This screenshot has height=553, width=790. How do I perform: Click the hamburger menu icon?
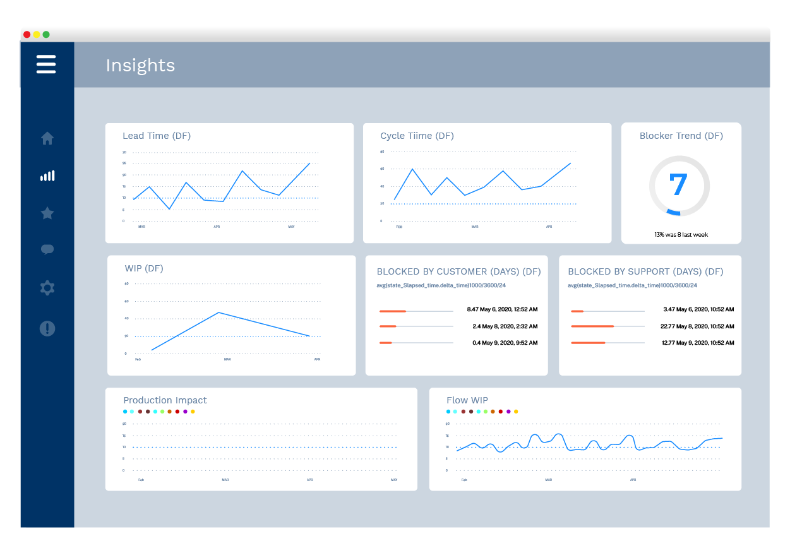[x=46, y=64]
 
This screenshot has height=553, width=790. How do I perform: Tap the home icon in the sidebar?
[x=47, y=138]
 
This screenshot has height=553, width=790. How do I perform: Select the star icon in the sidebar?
[x=47, y=213]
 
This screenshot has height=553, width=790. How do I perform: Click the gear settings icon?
[x=47, y=288]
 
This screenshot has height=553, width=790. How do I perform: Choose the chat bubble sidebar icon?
[x=47, y=249]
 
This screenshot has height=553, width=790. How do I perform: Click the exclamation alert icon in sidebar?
[x=47, y=328]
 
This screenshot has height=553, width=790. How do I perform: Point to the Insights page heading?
[x=140, y=66]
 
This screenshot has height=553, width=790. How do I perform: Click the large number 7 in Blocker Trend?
[x=679, y=185]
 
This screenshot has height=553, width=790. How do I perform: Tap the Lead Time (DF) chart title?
[x=157, y=136]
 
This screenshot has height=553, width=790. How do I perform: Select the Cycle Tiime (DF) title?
[x=417, y=136]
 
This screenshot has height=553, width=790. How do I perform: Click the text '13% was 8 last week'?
[x=681, y=235]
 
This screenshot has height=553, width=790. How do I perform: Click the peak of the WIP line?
[x=218, y=312]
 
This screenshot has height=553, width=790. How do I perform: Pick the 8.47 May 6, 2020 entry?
[x=502, y=310]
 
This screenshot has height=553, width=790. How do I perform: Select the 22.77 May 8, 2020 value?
[x=697, y=326]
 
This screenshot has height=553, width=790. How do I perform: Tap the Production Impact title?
[x=165, y=400]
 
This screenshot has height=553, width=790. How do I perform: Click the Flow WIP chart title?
[x=467, y=400]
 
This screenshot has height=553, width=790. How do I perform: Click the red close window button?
[x=27, y=35]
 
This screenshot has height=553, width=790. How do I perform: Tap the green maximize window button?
[x=46, y=35]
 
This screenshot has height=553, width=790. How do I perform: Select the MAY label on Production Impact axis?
[x=394, y=480]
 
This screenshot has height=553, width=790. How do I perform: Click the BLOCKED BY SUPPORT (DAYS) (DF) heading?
[x=645, y=271]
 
